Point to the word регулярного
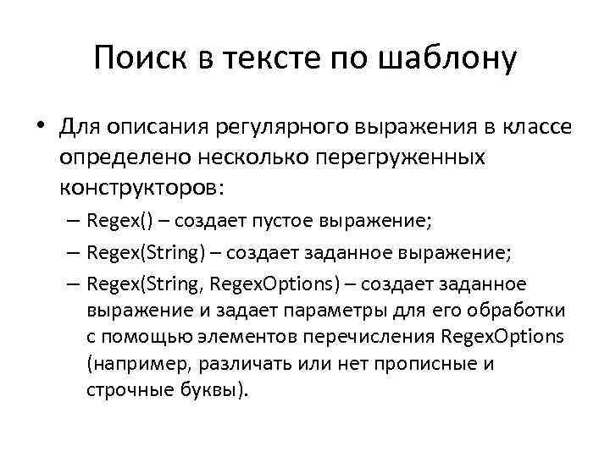click(x=258, y=129)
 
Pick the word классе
click(x=532, y=129)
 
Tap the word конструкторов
click(x=138, y=186)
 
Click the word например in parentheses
click(x=132, y=364)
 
